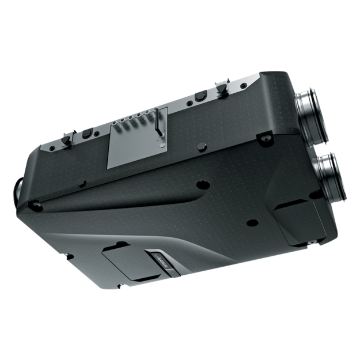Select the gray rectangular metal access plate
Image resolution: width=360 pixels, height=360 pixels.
[137, 139]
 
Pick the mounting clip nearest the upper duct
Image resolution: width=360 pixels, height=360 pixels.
[220, 87]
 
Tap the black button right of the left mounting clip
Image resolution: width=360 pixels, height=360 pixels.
[86, 133]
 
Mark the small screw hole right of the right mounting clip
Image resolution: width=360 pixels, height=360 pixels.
[244, 86]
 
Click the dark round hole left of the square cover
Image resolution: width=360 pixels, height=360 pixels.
[251, 222]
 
